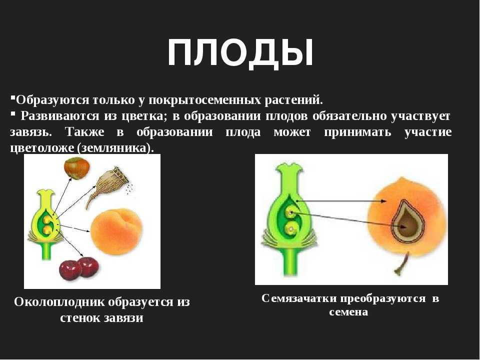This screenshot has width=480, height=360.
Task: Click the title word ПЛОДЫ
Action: (240, 52)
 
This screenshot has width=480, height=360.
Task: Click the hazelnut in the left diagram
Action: (77, 168)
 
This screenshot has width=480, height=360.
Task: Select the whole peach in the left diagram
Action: (116, 231)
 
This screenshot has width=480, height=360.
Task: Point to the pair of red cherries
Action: (79, 268)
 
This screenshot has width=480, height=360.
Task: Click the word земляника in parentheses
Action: (114, 148)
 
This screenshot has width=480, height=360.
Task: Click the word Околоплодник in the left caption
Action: (59, 302)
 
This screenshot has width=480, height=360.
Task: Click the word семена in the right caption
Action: (348, 311)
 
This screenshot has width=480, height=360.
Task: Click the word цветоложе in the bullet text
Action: (43, 148)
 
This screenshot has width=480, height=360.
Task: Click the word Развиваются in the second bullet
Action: (60, 116)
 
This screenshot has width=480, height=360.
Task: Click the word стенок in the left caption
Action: (80, 318)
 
